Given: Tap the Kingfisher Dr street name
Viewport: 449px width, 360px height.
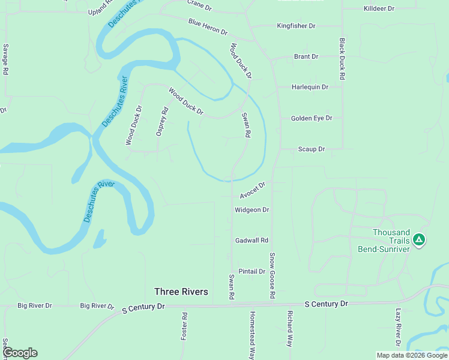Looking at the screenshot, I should (296, 26).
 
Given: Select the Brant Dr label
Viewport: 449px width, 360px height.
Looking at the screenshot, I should (306, 57).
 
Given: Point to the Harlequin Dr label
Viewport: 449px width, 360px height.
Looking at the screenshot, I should (310, 87).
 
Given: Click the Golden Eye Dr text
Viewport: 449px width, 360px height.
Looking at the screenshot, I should (312, 119).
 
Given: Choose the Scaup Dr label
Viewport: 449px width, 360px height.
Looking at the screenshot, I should (312, 149).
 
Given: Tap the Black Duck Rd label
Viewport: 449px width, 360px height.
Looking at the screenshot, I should (342, 59).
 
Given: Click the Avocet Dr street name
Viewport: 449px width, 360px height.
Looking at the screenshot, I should (252, 191).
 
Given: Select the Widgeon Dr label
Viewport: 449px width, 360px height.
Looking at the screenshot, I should (252, 210).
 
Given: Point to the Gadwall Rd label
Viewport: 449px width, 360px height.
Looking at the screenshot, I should (252, 241).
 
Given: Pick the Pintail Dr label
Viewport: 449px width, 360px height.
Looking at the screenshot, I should (252, 272).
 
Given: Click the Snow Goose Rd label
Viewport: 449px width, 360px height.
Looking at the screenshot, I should (272, 276).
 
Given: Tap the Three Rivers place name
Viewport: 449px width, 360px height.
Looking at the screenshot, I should (181, 292).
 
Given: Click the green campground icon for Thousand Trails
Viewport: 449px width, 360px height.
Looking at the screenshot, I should (419, 241).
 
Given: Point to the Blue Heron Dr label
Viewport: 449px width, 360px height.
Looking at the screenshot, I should (208, 27).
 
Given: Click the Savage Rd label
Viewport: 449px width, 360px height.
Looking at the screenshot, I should (5, 59).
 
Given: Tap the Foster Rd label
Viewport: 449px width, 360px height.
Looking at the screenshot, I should (184, 326).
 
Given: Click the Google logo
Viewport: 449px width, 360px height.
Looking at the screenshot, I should (20, 353).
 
